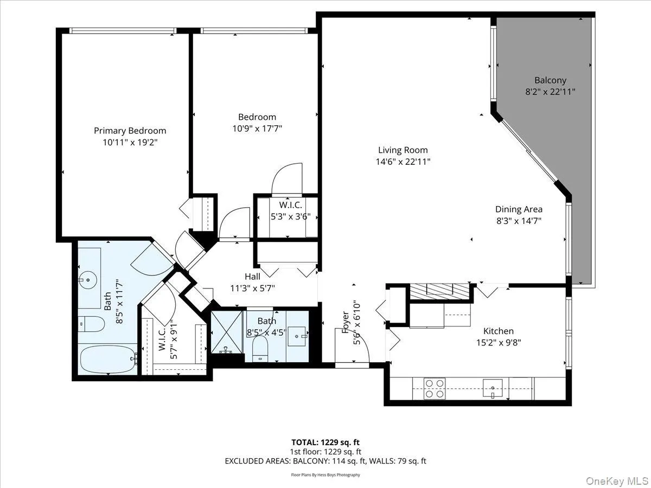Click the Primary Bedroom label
(x=130, y=131)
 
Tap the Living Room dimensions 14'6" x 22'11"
(x=403, y=162)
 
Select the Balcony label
(x=550, y=80)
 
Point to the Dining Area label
(x=519, y=209)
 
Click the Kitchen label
(x=499, y=331)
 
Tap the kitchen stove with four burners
(x=434, y=388)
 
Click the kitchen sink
(x=494, y=388)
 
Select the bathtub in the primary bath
(x=107, y=360)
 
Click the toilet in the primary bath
(x=91, y=324)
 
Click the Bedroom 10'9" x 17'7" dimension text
(x=257, y=129)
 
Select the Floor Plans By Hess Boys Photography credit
(x=325, y=475)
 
